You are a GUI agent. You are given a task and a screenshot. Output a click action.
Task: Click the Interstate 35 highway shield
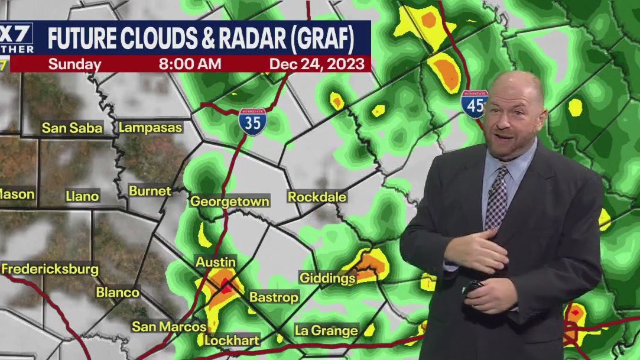click(252, 122)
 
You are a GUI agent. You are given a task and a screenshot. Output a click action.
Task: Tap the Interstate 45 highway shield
click(475, 105)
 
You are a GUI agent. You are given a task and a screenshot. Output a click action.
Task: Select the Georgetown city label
click(229, 202)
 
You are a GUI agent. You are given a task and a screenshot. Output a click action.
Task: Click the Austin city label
click(216, 262)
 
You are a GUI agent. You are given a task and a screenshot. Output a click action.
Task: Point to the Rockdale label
click(317, 197)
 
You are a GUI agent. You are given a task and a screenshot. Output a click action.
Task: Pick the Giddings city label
click(327, 278)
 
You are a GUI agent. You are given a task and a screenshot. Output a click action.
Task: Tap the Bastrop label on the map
click(274, 297)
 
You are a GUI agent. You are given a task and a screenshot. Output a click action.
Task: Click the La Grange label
click(326, 330)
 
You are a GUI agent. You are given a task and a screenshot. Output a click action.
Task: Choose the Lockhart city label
click(232, 340)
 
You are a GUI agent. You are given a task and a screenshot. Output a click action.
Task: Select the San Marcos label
click(169, 326)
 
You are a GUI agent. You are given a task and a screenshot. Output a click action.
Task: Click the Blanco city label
click(118, 293)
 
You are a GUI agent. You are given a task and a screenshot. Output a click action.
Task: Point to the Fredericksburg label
click(50, 269)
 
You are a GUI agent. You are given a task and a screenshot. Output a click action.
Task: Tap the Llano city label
click(82, 196)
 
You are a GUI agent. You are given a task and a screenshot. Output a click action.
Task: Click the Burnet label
click(150, 191)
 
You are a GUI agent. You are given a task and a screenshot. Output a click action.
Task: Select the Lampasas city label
click(151, 127)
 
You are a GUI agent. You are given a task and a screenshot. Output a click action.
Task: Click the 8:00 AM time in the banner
click(190, 64)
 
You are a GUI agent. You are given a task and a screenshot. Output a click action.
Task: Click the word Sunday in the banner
click(74, 64)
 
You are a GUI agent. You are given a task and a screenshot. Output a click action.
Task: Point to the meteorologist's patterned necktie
click(496, 199)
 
